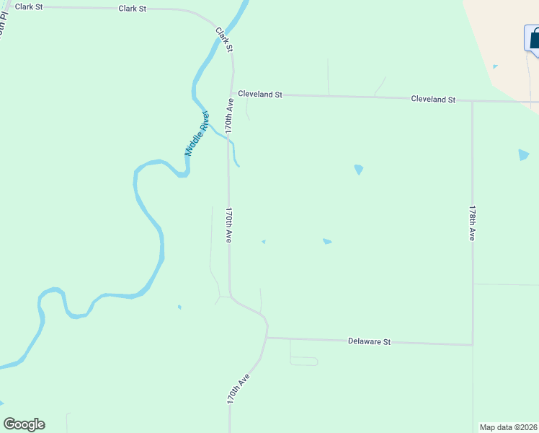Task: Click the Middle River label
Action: pos(196,134)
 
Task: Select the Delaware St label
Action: pos(369,341)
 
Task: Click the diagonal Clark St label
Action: pos(224,39)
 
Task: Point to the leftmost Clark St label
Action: pos(29,6)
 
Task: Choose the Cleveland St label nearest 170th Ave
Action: pos(260,95)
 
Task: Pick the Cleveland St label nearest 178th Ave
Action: pos(433,99)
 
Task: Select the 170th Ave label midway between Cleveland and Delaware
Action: pos(228,226)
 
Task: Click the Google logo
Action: pos(24,424)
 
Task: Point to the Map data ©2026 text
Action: pos(509,427)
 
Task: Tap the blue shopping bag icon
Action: pos(533,38)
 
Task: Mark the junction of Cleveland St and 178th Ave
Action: pos(472,101)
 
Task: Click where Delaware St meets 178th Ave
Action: pos(473,344)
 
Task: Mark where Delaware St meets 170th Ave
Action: pos(267,337)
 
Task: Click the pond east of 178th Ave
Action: pos(523,154)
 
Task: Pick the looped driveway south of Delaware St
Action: pos(303,360)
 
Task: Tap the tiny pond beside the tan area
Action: pos(494,67)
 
